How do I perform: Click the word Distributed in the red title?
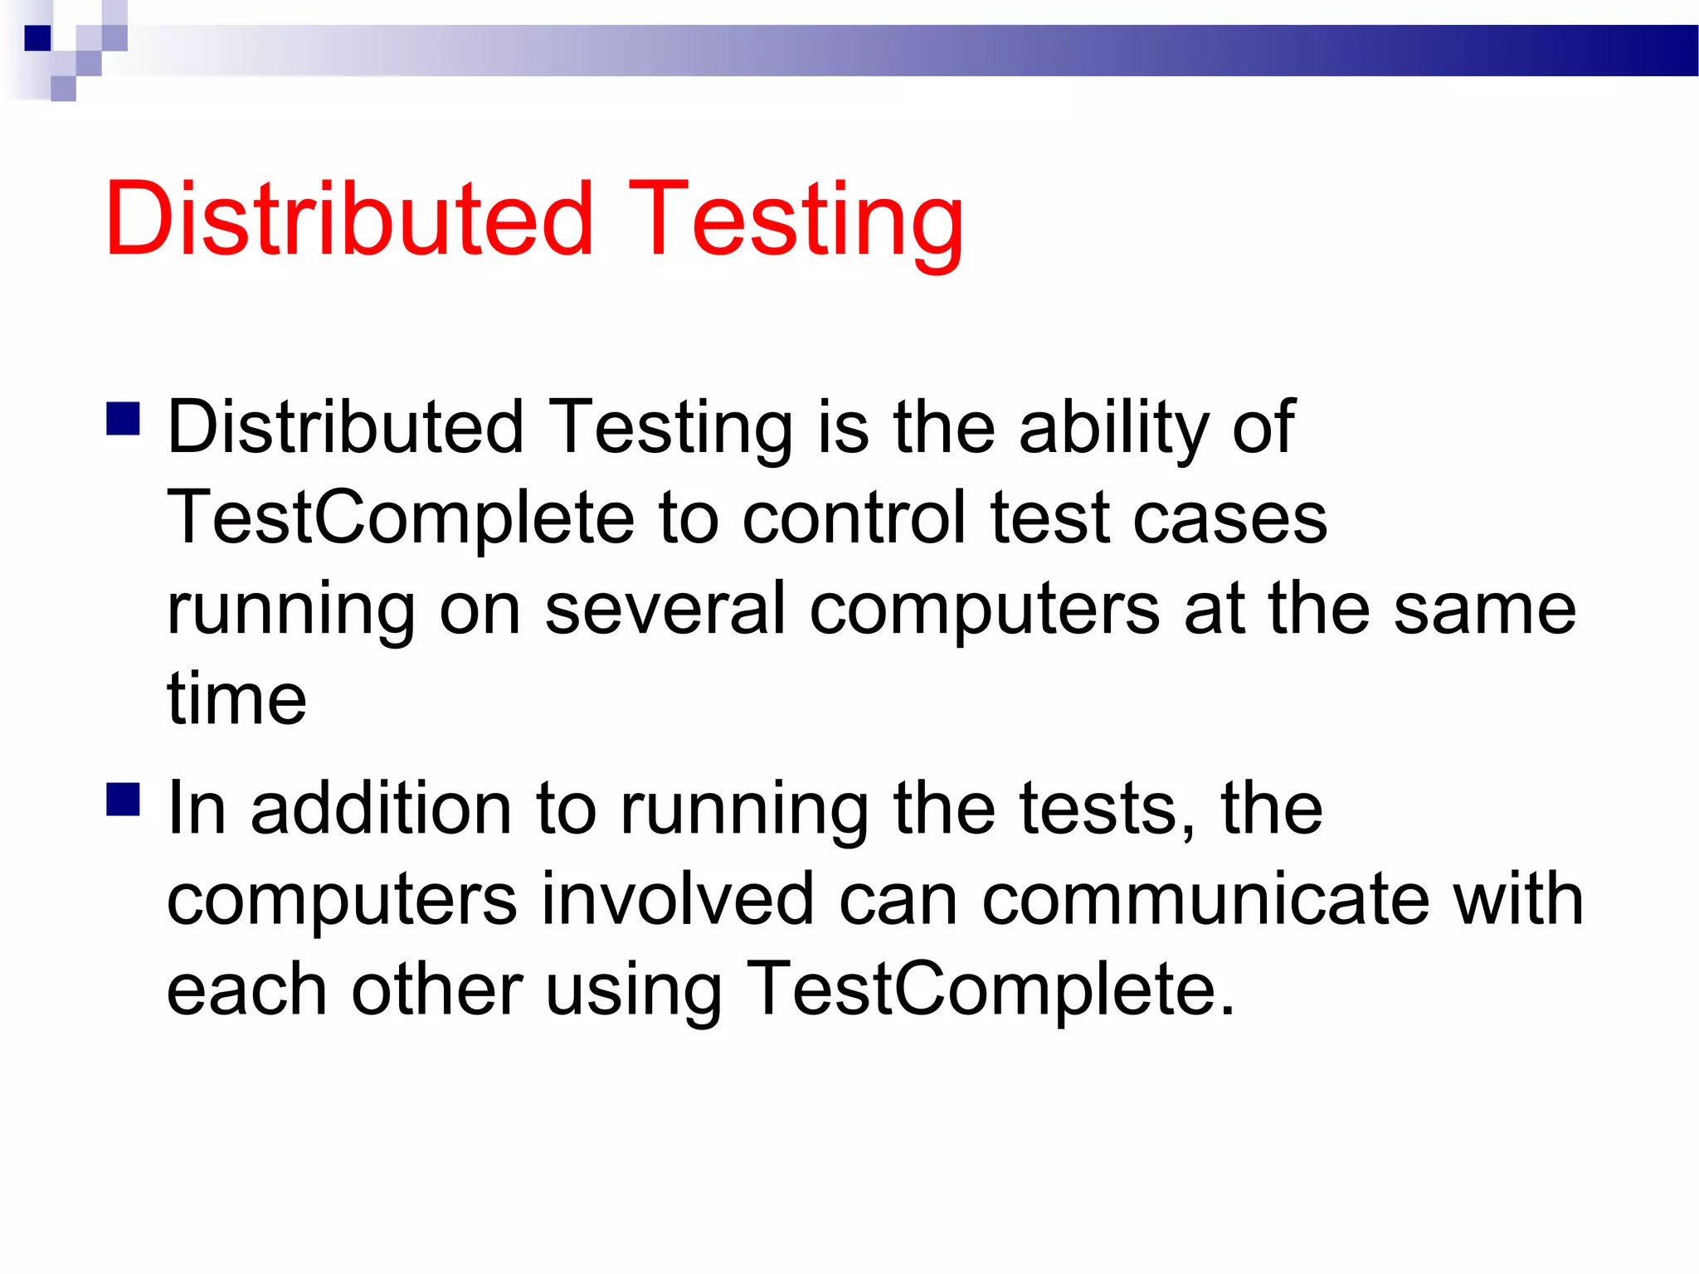[348, 219]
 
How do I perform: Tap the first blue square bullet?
[123, 419]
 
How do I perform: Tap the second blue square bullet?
[123, 800]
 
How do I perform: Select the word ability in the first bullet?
[1112, 429]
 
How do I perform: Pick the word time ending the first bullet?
[236, 698]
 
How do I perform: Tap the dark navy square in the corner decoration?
[38, 38]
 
